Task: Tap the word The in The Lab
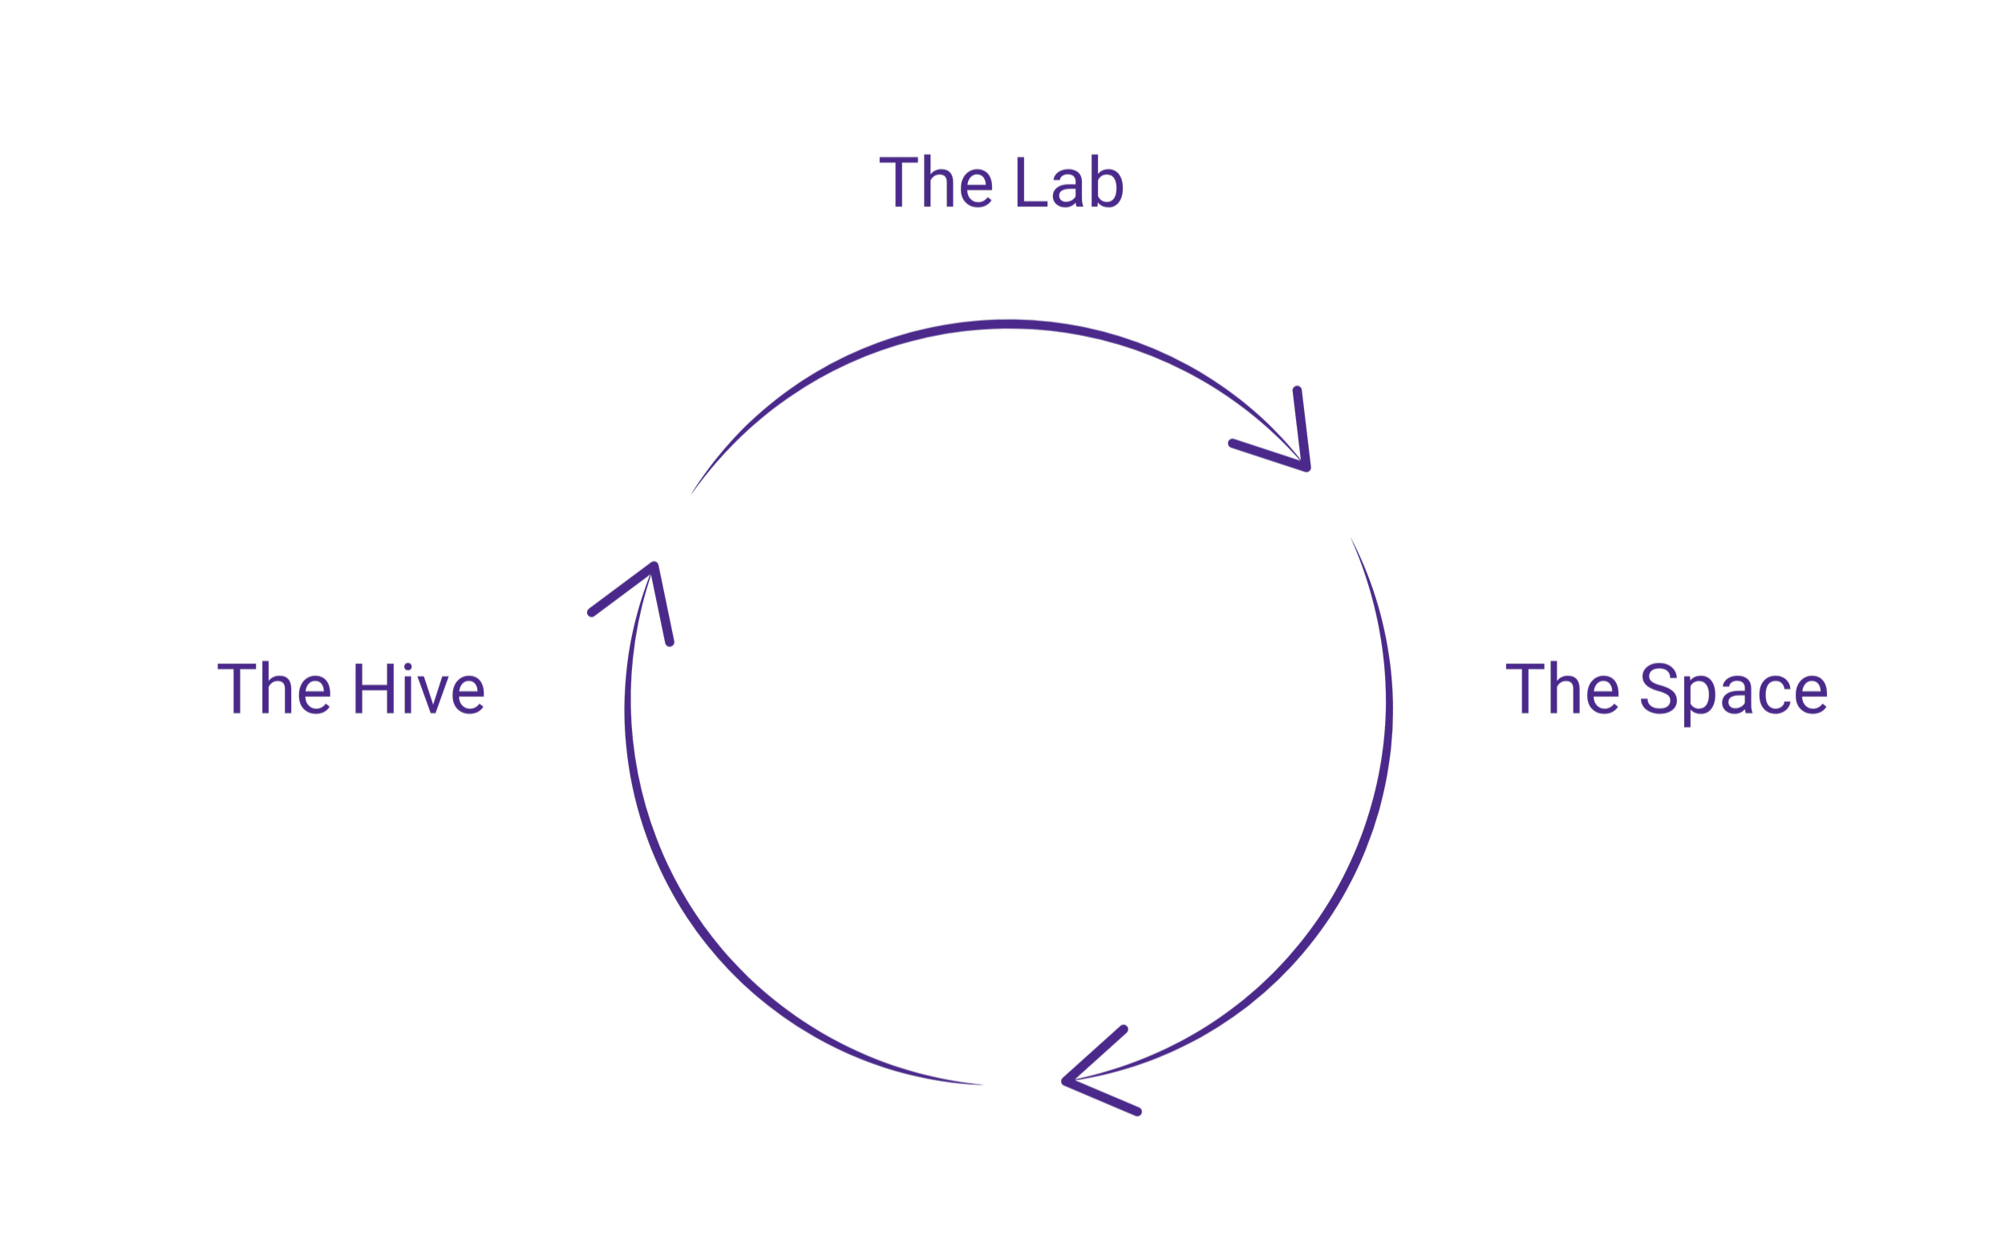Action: click(936, 181)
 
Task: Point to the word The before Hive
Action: click(273, 688)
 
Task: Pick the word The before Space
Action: click(1562, 688)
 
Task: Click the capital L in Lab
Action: click(1031, 181)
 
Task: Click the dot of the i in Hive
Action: click(408, 666)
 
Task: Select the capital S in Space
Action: click(1659, 688)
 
